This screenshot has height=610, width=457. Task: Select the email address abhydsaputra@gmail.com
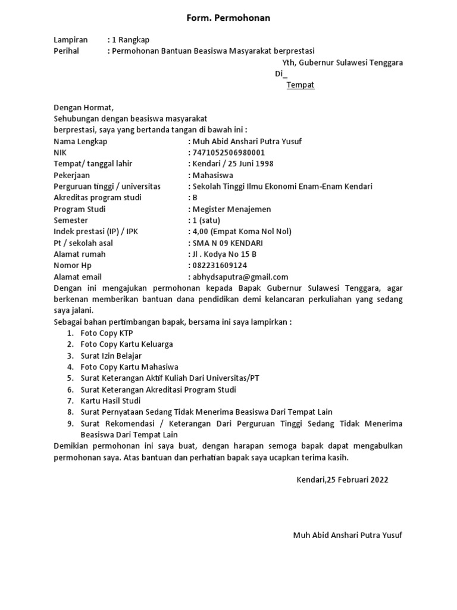(240, 277)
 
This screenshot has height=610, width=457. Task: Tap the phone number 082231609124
(220, 266)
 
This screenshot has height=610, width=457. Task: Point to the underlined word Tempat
(300, 85)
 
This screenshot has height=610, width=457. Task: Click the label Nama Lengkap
(80, 142)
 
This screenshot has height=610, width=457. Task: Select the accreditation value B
(195, 198)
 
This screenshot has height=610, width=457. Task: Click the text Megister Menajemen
(231, 209)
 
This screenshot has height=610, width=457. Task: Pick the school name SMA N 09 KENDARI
(227, 243)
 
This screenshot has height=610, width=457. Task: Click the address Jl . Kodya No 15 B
(224, 254)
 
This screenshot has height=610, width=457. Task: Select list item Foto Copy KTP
(107, 333)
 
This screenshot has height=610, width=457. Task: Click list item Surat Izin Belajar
(111, 356)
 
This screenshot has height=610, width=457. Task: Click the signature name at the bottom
(348, 535)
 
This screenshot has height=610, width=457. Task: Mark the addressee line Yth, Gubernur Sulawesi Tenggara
(342, 63)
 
